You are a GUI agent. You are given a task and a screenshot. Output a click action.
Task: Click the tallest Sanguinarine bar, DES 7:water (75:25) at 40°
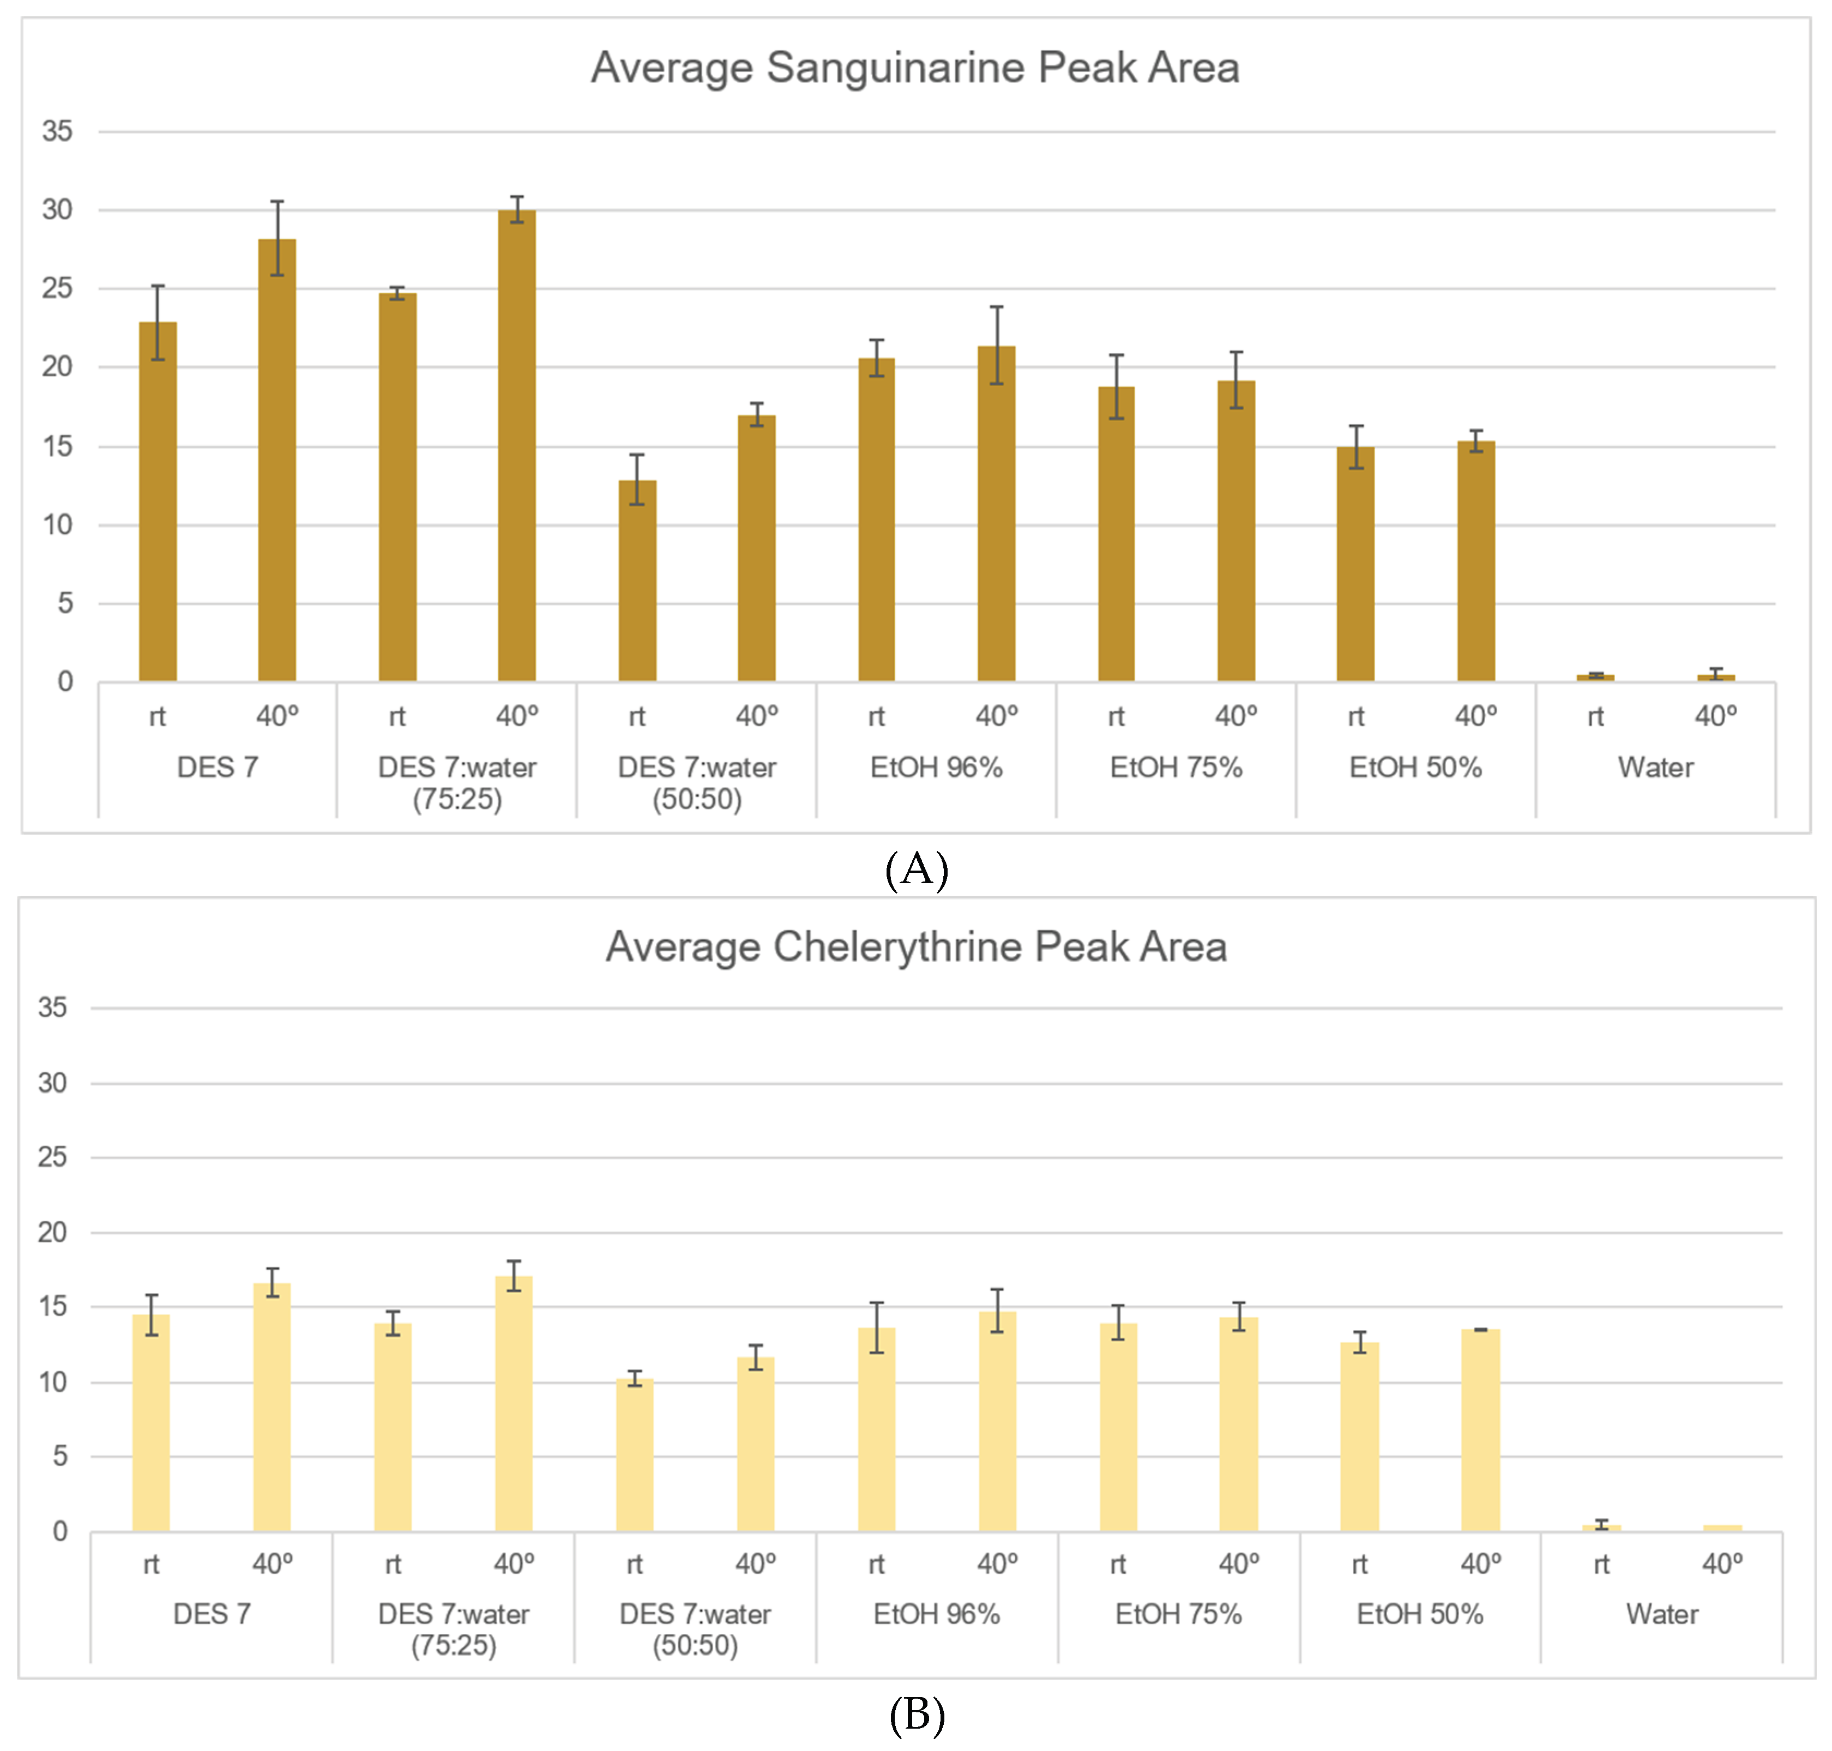click(x=516, y=445)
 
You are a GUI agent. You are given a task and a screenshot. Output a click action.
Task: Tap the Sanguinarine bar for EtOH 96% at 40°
click(x=996, y=514)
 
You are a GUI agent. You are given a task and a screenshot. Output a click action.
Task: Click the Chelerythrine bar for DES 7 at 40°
click(x=272, y=1408)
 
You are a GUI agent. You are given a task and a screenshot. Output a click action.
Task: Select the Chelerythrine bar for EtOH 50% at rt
click(x=1359, y=1438)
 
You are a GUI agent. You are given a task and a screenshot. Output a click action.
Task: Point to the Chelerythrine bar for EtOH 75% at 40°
click(x=1238, y=1424)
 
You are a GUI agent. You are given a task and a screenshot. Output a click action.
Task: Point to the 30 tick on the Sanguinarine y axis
click(x=57, y=210)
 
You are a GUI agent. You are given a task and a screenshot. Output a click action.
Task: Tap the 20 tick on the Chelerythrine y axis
click(x=52, y=1232)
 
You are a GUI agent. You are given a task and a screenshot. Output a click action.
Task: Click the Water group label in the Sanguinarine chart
click(x=1655, y=767)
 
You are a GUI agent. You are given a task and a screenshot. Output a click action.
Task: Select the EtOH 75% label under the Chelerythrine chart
click(x=1178, y=1614)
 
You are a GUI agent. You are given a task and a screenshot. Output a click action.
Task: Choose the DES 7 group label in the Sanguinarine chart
click(x=218, y=767)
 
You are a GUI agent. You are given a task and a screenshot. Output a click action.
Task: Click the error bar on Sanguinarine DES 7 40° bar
click(x=278, y=238)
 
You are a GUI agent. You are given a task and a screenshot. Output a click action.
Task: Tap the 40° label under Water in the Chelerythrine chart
click(x=1722, y=1563)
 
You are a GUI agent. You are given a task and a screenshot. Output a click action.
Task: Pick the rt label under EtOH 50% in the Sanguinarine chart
click(x=1356, y=717)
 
